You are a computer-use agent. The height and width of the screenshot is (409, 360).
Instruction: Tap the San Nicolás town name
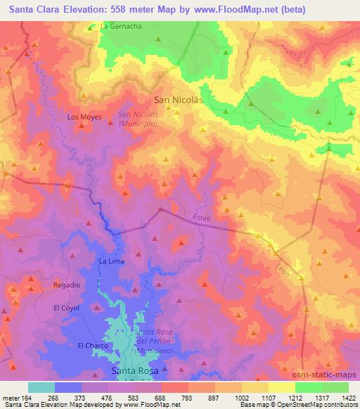[178, 100]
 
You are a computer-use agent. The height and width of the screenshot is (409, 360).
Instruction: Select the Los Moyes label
[84, 117]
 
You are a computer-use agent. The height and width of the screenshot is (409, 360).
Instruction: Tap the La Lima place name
[111, 261]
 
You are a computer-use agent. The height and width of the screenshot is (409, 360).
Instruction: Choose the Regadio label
[67, 285]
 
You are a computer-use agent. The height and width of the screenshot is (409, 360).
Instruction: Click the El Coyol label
[66, 308]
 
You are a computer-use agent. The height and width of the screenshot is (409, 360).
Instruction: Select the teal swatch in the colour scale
[41, 387]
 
